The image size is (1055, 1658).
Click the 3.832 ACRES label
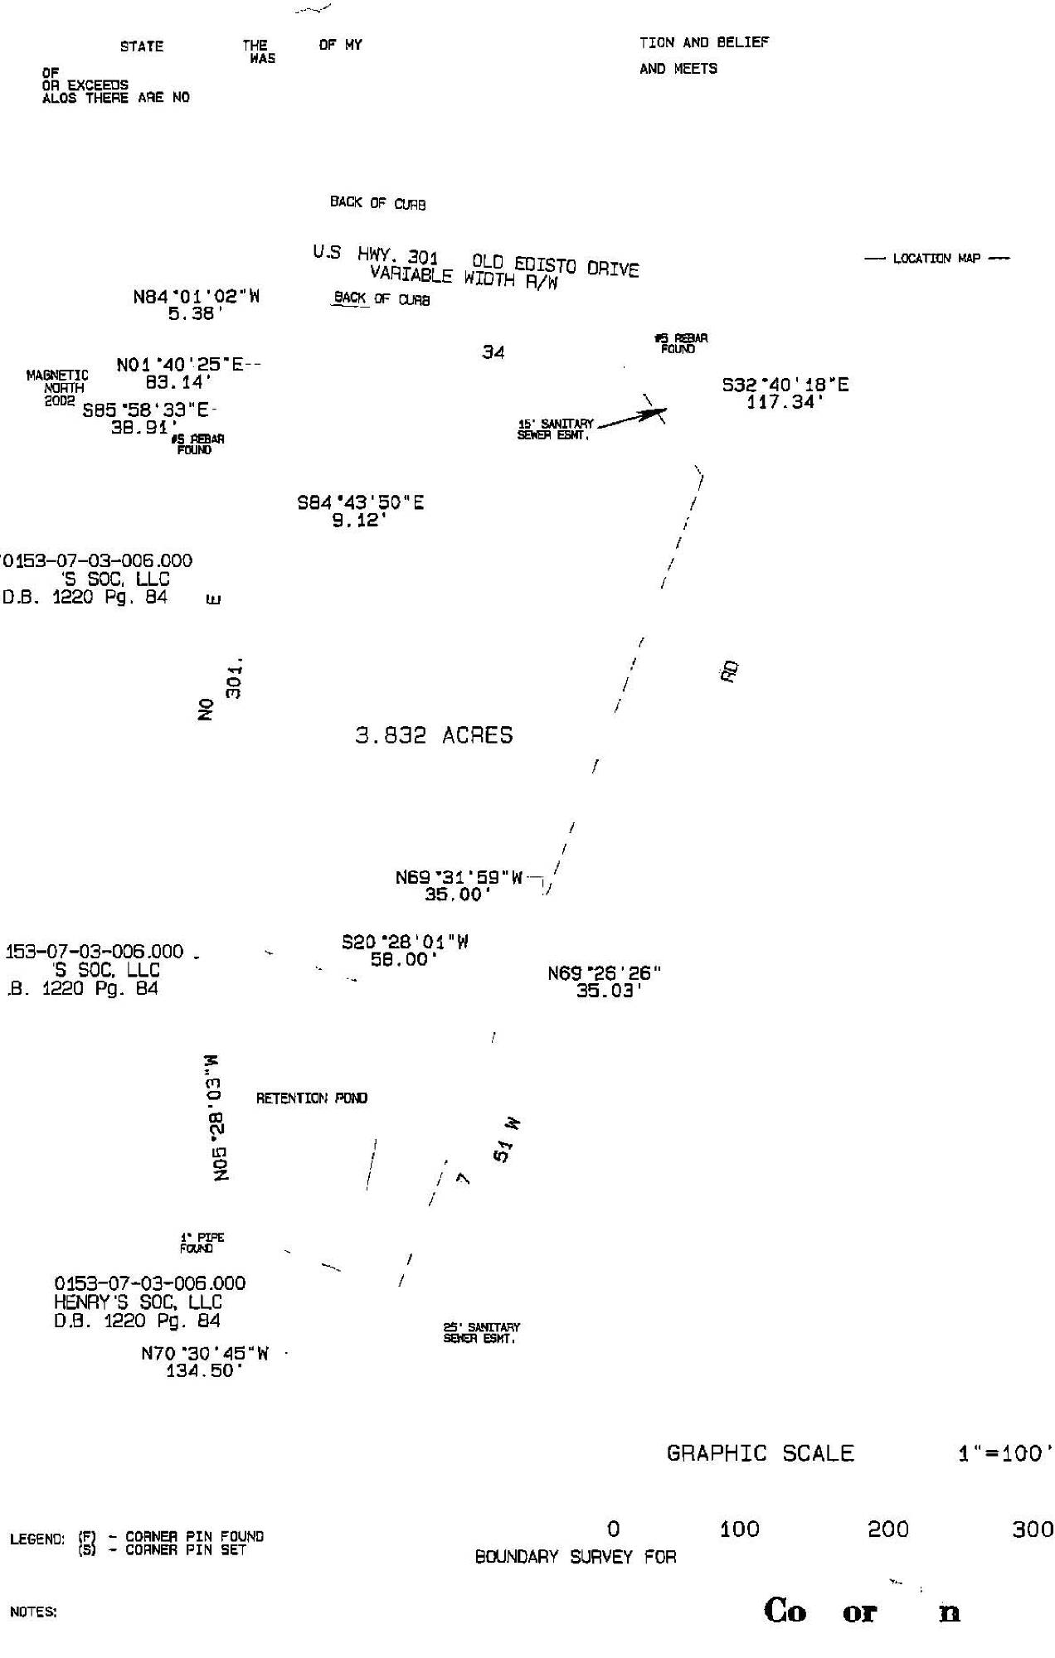434,735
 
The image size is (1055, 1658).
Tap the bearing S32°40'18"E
785,385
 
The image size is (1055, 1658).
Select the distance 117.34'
785,403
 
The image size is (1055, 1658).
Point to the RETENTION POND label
312,1098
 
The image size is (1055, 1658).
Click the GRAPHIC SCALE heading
760,1453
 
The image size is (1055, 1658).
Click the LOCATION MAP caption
936,259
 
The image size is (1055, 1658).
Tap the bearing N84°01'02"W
197,297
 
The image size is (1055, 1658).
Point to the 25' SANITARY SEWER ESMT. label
481,1332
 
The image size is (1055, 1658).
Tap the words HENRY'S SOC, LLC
138,1302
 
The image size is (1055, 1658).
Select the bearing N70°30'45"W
205,1354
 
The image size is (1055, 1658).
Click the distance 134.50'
205,1371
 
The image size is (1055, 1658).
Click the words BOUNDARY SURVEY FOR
576,1557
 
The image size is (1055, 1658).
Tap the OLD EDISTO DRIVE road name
556,267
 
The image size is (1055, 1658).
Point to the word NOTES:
33,1612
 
